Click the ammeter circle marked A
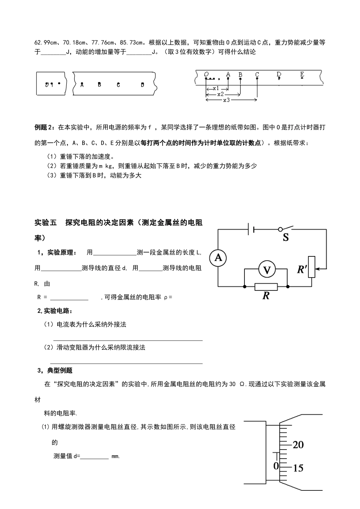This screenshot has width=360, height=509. click(x=218, y=258)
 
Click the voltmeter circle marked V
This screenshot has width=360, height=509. click(x=267, y=270)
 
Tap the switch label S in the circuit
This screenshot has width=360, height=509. click(x=286, y=238)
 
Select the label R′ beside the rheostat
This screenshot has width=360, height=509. click(x=302, y=270)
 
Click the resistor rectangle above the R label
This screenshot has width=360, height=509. click(x=266, y=287)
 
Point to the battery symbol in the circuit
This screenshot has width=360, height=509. click(x=251, y=229)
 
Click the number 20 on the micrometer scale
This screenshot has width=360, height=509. click(x=298, y=445)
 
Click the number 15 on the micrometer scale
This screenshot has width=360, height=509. click(x=298, y=468)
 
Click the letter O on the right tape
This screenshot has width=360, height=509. click(x=207, y=75)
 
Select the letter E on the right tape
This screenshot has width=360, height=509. click(x=302, y=75)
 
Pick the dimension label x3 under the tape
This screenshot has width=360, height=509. click(x=226, y=100)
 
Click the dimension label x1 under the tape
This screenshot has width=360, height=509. click(x=216, y=88)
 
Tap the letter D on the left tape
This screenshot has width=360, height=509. click(x=142, y=85)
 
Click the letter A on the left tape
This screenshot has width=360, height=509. click(x=82, y=85)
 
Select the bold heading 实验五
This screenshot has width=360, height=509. click(x=45, y=223)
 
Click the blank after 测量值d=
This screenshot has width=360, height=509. click(x=95, y=456)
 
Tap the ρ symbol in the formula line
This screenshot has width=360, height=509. click(x=166, y=298)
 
